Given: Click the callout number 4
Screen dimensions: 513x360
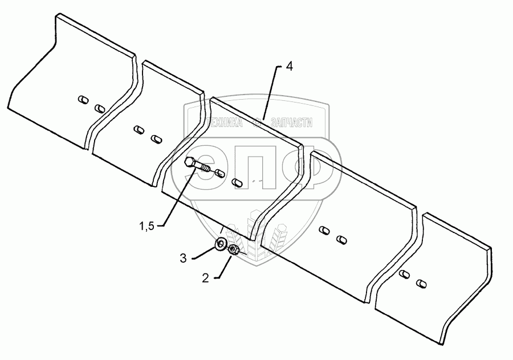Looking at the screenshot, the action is coord(289,67).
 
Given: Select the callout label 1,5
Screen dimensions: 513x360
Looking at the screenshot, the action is coord(147,227).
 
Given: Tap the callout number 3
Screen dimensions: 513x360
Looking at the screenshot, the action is coord(184,258).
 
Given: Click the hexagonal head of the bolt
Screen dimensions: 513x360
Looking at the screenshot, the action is coord(190,163).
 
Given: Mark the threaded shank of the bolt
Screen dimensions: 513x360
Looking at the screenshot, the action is coord(205,168).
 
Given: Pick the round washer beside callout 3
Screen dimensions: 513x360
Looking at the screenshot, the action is coord(220,245).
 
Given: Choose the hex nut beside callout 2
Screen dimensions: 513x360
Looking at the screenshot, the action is coord(233,249).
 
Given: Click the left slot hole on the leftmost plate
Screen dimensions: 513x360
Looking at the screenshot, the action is coord(83,100).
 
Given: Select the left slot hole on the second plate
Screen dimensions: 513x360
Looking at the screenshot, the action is coord(138,130).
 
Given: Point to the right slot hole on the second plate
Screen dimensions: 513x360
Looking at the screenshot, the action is coord(155,138).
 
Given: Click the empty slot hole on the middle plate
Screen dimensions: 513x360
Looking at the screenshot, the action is coord(238,183).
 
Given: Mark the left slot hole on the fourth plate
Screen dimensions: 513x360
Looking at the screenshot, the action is coord(324,231).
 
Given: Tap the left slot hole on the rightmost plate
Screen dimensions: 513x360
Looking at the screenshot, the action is coord(404,275).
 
